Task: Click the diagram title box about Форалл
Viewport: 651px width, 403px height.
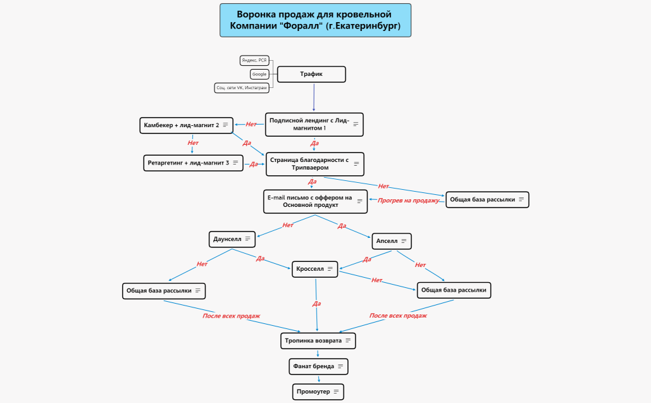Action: coord(315,20)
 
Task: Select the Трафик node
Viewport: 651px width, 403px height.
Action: coord(311,74)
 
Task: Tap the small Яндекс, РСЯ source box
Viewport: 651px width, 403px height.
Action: coord(255,60)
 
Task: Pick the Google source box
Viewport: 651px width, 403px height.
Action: coord(259,74)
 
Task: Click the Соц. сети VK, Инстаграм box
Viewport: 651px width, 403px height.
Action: coord(242,88)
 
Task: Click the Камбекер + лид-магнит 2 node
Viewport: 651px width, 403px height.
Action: coord(187,125)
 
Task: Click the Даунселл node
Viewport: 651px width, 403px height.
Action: coord(232,239)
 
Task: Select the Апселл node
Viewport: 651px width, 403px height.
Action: coord(392,241)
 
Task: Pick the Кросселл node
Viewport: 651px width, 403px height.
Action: coord(314,269)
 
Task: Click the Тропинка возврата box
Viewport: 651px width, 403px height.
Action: coord(318,340)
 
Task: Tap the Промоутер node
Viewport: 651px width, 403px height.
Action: coord(318,392)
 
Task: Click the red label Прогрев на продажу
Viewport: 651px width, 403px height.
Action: coord(408,201)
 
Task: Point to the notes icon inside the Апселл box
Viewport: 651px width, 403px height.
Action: coord(404,241)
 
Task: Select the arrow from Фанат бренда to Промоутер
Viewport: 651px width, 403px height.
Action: coord(319,378)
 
